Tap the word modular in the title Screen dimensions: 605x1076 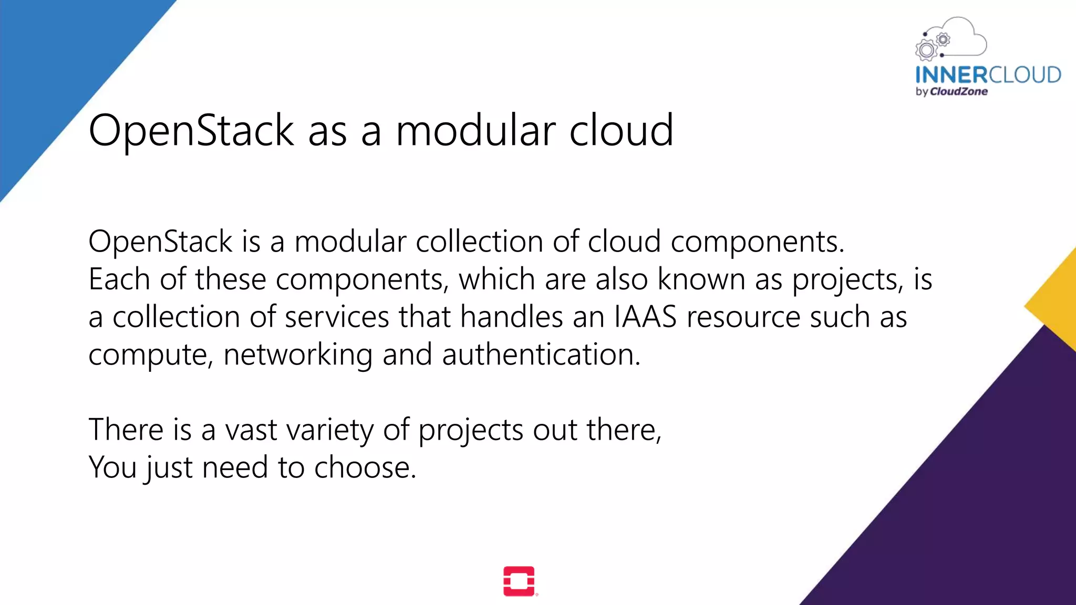click(x=475, y=130)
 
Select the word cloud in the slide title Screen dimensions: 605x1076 click(x=621, y=130)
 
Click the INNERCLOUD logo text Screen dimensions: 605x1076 click(x=988, y=75)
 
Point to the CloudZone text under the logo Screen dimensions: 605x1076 click(x=958, y=91)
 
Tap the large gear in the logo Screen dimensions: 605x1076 click(x=926, y=50)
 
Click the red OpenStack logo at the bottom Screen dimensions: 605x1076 click(x=519, y=581)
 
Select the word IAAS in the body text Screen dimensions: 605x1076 click(x=645, y=317)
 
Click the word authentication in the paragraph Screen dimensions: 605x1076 click(x=541, y=354)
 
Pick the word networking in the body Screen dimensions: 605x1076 click(x=298, y=354)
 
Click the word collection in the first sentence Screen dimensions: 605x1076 click(x=479, y=242)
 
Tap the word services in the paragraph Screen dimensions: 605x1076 click(x=337, y=317)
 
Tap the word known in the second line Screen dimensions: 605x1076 click(x=701, y=279)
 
